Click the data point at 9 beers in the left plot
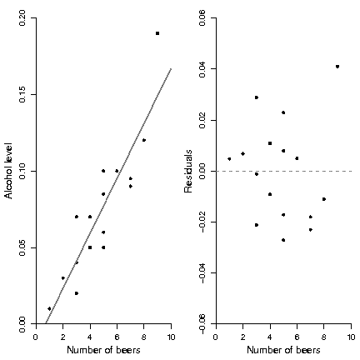[157, 33]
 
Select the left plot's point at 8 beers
[144, 140]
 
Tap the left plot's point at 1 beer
[49, 308]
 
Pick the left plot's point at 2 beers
[63, 278]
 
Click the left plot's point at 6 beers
[117, 171]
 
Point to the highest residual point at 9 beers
[337, 67]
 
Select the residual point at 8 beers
[324, 199]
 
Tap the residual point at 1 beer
[229, 159]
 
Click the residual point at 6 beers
[297, 158]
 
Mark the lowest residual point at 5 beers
[283, 240]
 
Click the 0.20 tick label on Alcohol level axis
[22, 18]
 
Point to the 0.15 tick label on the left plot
[22, 94]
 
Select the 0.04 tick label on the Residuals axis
[202, 69]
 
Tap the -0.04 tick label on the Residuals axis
[202, 272]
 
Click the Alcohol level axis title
[8, 171]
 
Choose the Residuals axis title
[188, 171]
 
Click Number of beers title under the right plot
[283, 350]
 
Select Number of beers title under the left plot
[103, 350]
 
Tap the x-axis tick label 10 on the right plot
[352, 337]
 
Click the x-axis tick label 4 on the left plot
[90, 337]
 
